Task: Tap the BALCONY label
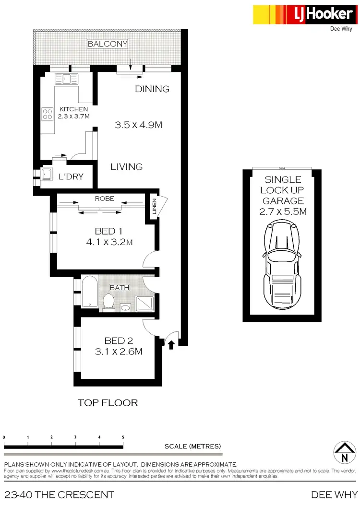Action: [108, 44]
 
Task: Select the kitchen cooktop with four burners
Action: [48, 114]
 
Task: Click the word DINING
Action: [152, 89]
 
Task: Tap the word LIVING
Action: [127, 167]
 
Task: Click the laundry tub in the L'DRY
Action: [47, 175]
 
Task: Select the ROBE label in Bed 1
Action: [105, 198]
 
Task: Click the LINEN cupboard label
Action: [153, 209]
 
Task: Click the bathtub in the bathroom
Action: [89, 292]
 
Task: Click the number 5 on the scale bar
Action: [123, 437]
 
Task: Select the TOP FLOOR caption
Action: [108, 402]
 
